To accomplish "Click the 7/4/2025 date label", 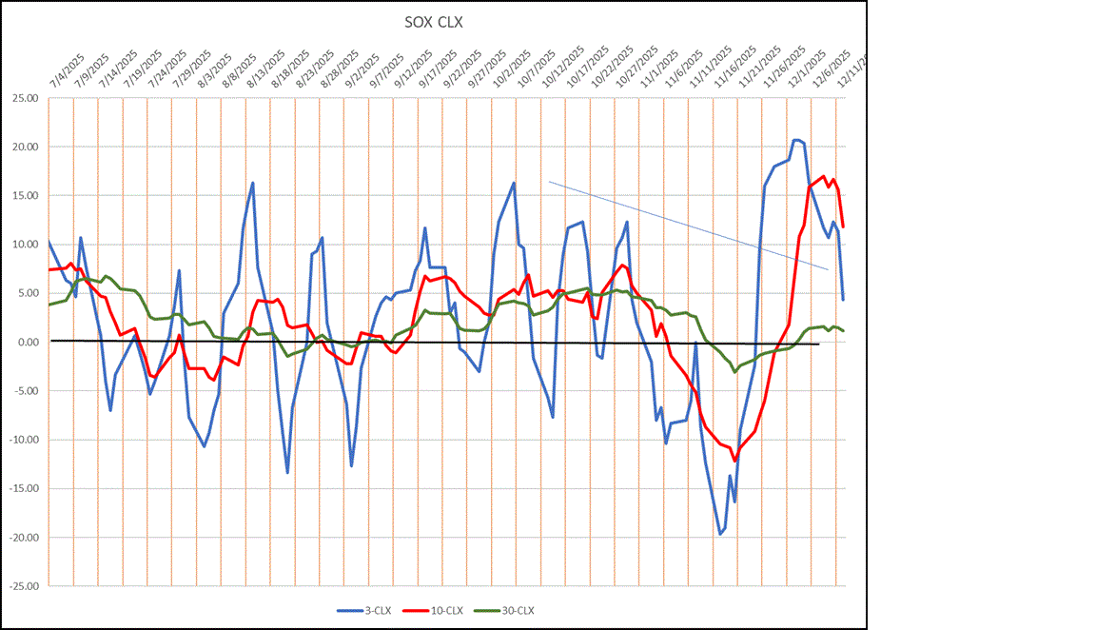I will tap(65, 71).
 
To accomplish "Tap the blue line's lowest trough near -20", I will tap(720, 534).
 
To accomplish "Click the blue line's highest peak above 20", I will tap(796, 140).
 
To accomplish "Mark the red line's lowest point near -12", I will tap(734, 461).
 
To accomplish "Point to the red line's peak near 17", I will tap(823, 176).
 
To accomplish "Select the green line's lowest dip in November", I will tap(734, 371).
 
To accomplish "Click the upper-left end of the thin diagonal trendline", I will tap(549, 182).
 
